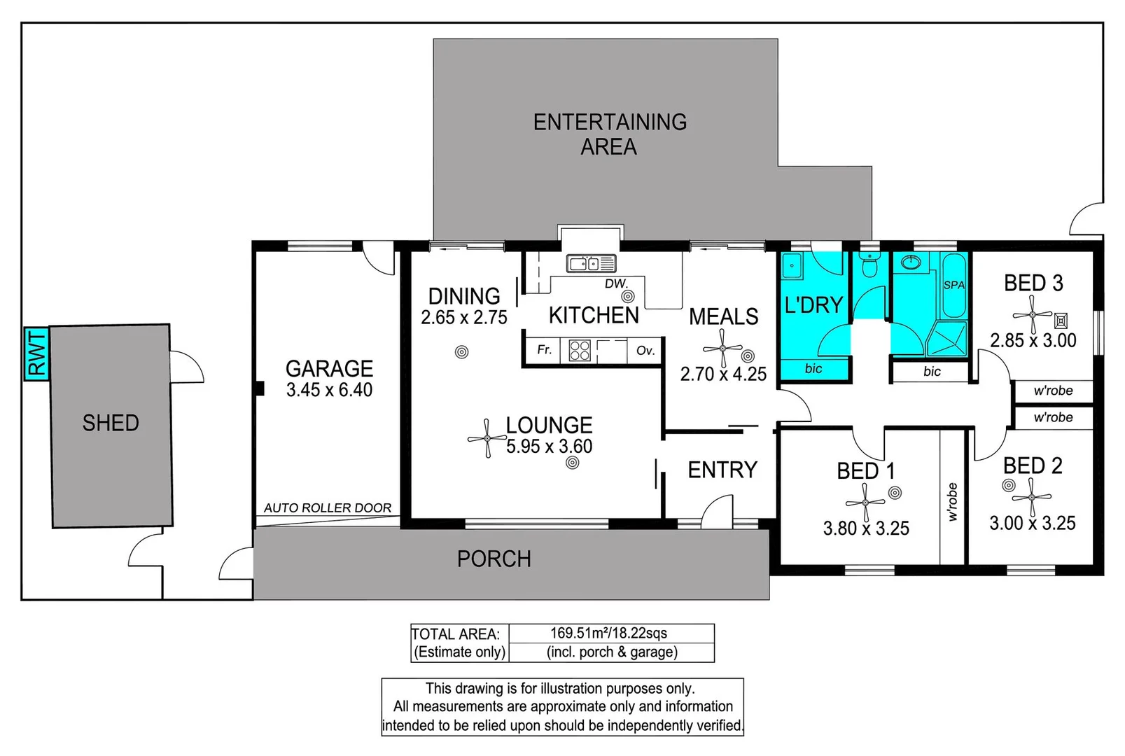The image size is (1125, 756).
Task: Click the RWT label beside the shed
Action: pos(36,353)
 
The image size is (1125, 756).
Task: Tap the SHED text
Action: pos(111,423)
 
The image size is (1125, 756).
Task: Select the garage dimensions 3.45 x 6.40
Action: pos(329,390)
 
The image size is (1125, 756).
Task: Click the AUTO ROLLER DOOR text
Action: pos(328,508)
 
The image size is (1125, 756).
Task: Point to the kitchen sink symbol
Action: pos(590,263)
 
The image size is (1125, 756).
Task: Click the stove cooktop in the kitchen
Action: pos(580,350)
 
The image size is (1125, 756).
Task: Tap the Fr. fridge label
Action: pos(544,349)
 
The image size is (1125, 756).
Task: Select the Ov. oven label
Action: pos(645,350)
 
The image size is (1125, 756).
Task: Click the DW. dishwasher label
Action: pos(616,283)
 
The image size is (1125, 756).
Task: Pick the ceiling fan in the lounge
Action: pos(487,438)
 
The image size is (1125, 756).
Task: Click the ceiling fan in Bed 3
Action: pos(1033,315)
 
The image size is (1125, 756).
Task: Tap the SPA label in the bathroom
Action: pos(954,285)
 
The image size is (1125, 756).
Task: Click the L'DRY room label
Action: pos(813,305)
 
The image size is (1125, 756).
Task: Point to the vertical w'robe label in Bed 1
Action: pos(952,502)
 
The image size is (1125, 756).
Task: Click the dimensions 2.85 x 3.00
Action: pos(1033,341)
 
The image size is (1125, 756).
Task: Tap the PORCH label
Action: pos(494,559)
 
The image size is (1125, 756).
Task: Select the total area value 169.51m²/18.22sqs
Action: pos(608,633)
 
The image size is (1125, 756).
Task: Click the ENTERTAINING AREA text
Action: pos(609,134)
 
